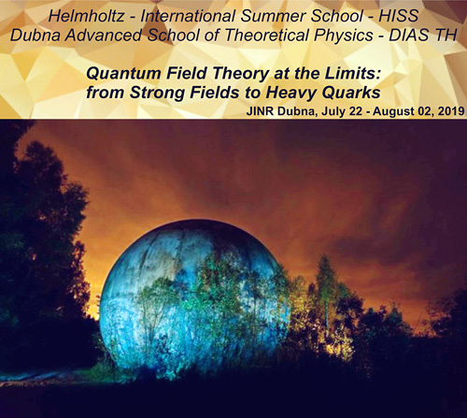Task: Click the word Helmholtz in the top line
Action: [x=86, y=16]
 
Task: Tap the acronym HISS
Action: [x=399, y=16]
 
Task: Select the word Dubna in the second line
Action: [x=35, y=35]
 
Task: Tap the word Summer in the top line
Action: [x=274, y=16]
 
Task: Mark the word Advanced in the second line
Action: [x=104, y=35]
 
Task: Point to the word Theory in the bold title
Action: [x=240, y=74]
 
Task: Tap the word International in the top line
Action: [x=188, y=16]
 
